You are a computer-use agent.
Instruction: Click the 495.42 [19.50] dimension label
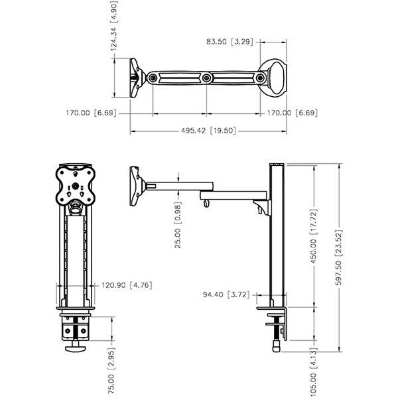tap(208, 131)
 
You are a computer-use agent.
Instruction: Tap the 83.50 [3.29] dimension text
tap(230, 41)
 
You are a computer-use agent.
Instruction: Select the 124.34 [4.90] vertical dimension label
tap(114, 26)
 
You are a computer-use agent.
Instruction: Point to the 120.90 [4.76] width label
tap(127, 285)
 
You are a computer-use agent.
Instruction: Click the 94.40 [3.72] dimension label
tap(226, 295)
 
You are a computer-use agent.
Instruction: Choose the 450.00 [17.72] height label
tap(314, 236)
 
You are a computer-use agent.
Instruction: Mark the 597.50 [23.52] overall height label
tap(339, 257)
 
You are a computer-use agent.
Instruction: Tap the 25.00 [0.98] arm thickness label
tap(178, 225)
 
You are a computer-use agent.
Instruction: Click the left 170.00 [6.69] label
tap(91, 113)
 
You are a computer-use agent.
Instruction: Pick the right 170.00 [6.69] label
tap(292, 113)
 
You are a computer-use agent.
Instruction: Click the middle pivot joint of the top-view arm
tap(206, 78)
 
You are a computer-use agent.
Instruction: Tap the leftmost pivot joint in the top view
tap(153, 78)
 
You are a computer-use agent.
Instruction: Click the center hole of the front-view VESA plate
tap(75, 186)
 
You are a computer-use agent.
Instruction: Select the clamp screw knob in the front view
tap(76, 346)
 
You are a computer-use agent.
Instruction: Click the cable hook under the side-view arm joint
tap(206, 204)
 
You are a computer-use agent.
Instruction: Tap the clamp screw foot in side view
tap(277, 346)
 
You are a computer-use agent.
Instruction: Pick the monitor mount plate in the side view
tap(136, 186)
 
